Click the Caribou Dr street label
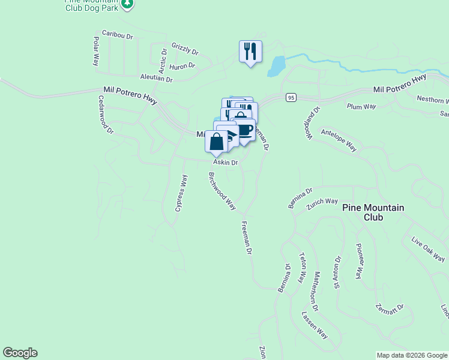[x=117, y=35]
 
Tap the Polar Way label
[x=95, y=51]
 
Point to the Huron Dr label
[x=183, y=66]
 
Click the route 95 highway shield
[x=291, y=97]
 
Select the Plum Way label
[x=361, y=106]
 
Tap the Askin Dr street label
[x=226, y=163]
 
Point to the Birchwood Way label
[x=221, y=190]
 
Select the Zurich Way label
[x=322, y=202]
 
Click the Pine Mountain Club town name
[x=373, y=212]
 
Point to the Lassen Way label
[x=315, y=325]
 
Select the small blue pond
[x=275, y=65]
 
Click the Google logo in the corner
[x=20, y=353]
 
